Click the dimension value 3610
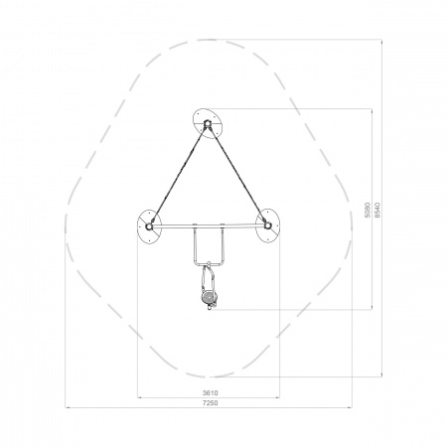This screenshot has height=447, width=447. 211,393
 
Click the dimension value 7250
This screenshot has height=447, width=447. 211,403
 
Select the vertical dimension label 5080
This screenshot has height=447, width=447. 368,210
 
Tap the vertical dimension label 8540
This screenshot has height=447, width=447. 377,210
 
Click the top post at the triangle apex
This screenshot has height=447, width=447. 208,124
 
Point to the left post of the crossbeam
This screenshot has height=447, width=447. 149,226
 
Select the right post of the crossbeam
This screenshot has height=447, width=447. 267,225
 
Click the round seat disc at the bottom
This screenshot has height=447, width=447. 209,297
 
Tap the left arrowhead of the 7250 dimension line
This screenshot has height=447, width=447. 68,407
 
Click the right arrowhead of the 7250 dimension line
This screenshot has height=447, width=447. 350,407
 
